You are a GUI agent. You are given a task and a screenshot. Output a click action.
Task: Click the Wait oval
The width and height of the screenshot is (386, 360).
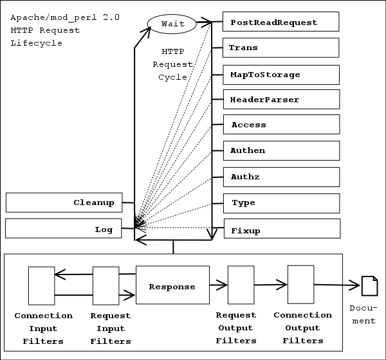tap(172, 24)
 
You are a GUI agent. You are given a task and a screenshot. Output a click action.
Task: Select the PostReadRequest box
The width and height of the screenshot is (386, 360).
tap(280, 22)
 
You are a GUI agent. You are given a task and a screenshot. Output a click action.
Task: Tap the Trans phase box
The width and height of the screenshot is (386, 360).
tap(280, 48)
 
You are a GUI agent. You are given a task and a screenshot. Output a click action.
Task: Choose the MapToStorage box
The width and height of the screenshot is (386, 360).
tap(280, 75)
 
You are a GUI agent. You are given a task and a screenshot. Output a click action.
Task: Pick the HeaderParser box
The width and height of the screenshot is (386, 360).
tap(280, 100)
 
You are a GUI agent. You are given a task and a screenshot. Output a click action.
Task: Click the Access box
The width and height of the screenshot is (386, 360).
tap(280, 125)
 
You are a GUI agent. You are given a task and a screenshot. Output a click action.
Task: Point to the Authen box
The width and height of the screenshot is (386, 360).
tap(280, 150)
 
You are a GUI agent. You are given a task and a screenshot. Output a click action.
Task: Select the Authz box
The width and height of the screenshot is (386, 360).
tap(280, 177)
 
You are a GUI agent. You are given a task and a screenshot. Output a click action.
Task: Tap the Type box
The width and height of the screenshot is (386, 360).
tap(280, 203)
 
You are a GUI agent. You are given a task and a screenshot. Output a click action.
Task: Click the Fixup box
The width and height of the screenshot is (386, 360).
tap(280, 230)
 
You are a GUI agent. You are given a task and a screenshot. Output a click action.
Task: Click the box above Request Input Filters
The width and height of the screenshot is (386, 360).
tap(106, 286)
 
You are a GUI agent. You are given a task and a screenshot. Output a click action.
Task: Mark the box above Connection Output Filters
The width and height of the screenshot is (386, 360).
tap(300, 284)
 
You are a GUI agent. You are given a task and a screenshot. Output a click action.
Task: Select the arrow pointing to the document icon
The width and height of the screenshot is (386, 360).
tap(338, 285)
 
